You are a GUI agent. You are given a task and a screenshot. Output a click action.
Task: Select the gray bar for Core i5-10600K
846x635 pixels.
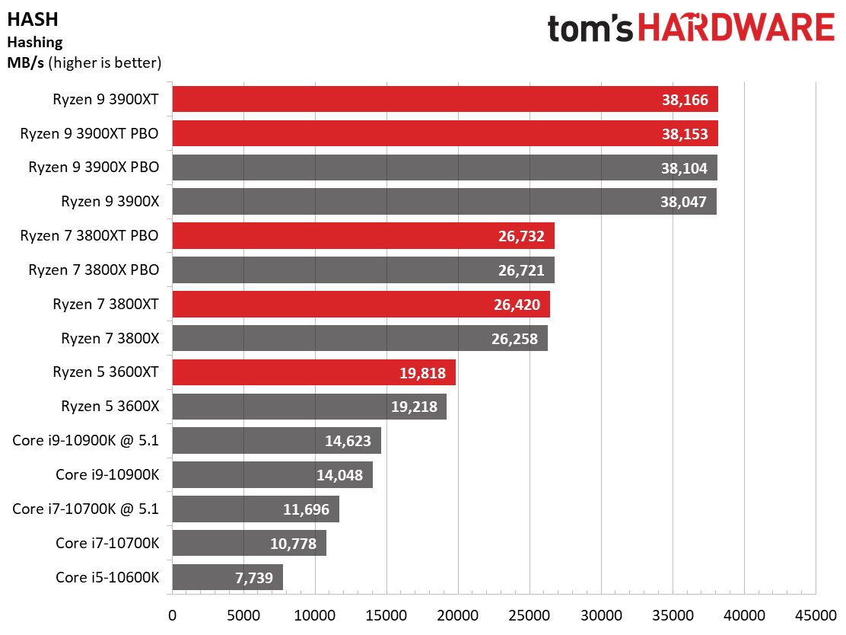(x=227, y=577)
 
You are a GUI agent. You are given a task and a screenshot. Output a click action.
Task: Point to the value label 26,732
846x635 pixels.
(x=521, y=236)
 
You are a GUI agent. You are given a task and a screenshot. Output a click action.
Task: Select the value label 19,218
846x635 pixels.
(x=414, y=407)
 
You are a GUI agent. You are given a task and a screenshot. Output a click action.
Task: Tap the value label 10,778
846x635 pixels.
(x=294, y=543)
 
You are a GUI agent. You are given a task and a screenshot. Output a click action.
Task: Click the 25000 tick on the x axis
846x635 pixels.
(x=529, y=614)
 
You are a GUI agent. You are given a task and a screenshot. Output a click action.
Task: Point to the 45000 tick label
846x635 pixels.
(x=815, y=614)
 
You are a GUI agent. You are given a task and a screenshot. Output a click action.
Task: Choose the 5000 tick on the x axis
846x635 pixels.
(x=243, y=614)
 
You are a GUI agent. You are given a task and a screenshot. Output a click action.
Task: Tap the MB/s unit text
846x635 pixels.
(x=25, y=62)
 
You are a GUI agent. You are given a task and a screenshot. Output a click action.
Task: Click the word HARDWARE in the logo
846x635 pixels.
(x=736, y=29)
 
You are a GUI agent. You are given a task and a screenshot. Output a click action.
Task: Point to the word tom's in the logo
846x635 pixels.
(x=590, y=29)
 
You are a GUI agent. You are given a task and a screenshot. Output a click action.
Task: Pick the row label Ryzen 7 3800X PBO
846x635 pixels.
(x=94, y=270)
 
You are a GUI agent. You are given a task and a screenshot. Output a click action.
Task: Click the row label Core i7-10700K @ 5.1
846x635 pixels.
(x=86, y=509)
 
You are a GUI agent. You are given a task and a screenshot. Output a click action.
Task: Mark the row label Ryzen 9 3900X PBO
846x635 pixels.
(x=94, y=168)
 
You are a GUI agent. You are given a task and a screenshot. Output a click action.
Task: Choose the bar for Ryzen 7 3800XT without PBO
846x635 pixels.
(x=361, y=304)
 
